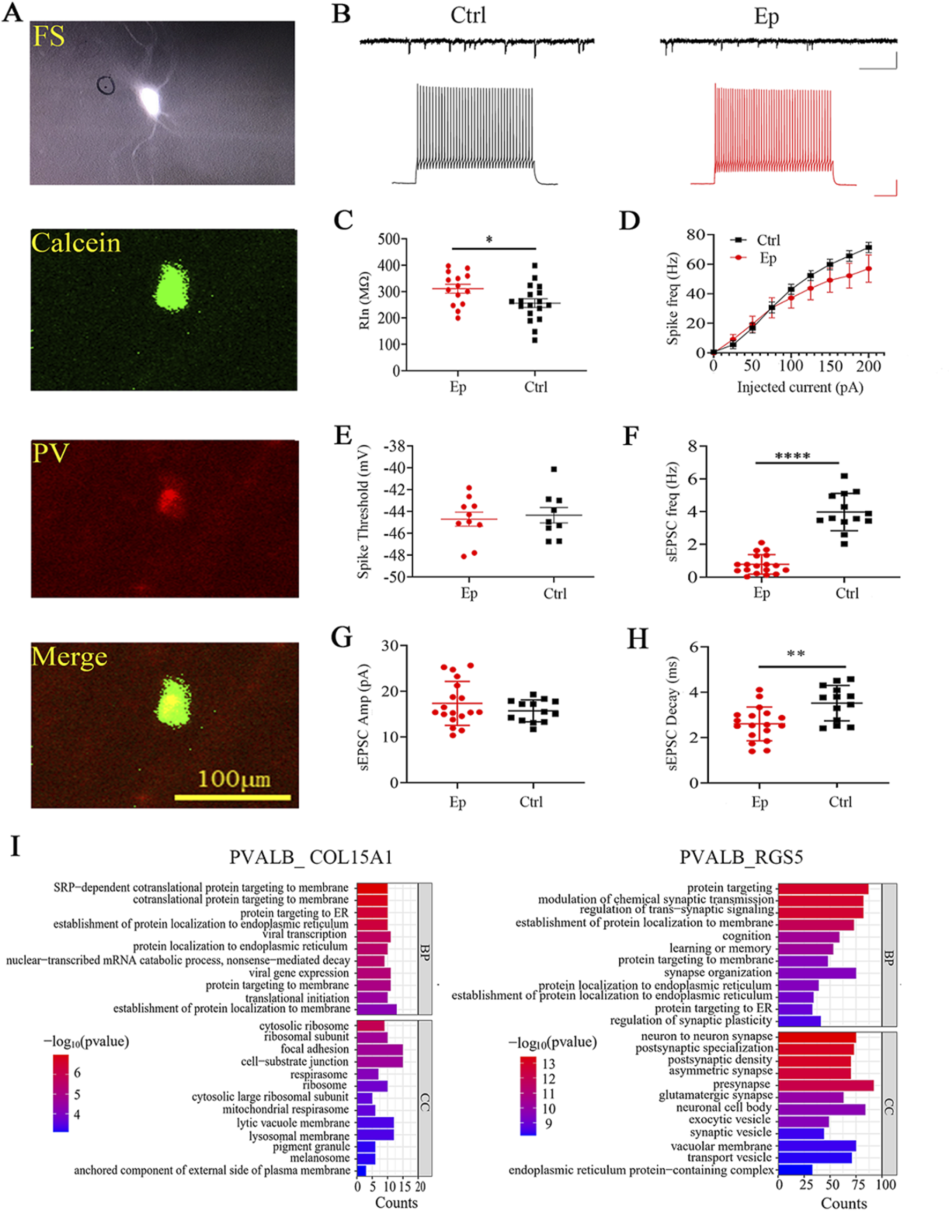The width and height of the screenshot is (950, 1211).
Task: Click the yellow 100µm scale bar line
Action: coord(233,797)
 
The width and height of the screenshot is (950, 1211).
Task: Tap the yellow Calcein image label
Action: coord(76,243)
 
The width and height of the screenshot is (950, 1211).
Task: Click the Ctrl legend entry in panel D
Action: coord(768,240)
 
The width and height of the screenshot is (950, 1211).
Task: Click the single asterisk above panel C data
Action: coord(489,240)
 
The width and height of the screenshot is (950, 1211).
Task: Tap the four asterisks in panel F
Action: coord(792,457)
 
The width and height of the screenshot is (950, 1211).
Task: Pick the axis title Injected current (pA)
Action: coord(800,387)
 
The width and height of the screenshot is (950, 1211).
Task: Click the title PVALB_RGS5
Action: coord(741,857)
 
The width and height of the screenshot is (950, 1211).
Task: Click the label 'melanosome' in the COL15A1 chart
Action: coord(320,1158)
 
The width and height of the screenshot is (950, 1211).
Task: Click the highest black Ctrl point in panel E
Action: coord(554,469)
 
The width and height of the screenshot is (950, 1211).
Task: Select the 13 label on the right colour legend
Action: coord(548,1064)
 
